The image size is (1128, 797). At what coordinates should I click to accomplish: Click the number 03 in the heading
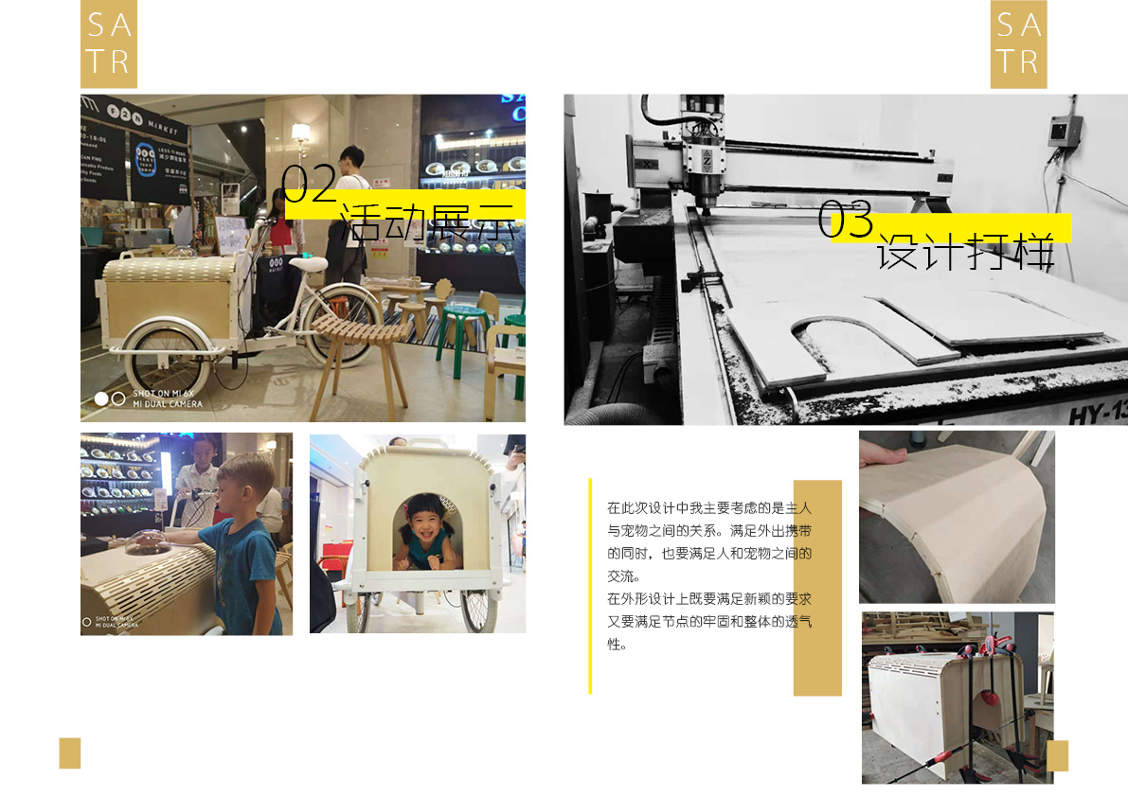[x=846, y=220]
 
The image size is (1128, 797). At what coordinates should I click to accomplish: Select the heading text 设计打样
[x=964, y=251]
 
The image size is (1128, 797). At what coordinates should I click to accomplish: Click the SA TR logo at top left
[x=109, y=44]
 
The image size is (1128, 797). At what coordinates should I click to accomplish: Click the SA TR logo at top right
[x=1018, y=44]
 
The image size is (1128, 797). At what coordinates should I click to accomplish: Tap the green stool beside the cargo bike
[x=469, y=331]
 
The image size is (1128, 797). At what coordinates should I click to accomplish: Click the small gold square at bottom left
[x=70, y=753]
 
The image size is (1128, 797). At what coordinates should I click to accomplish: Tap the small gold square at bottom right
[x=1057, y=755]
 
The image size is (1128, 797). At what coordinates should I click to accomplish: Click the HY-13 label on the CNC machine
[x=1098, y=414]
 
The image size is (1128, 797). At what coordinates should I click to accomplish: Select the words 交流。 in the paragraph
[x=624, y=576]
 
